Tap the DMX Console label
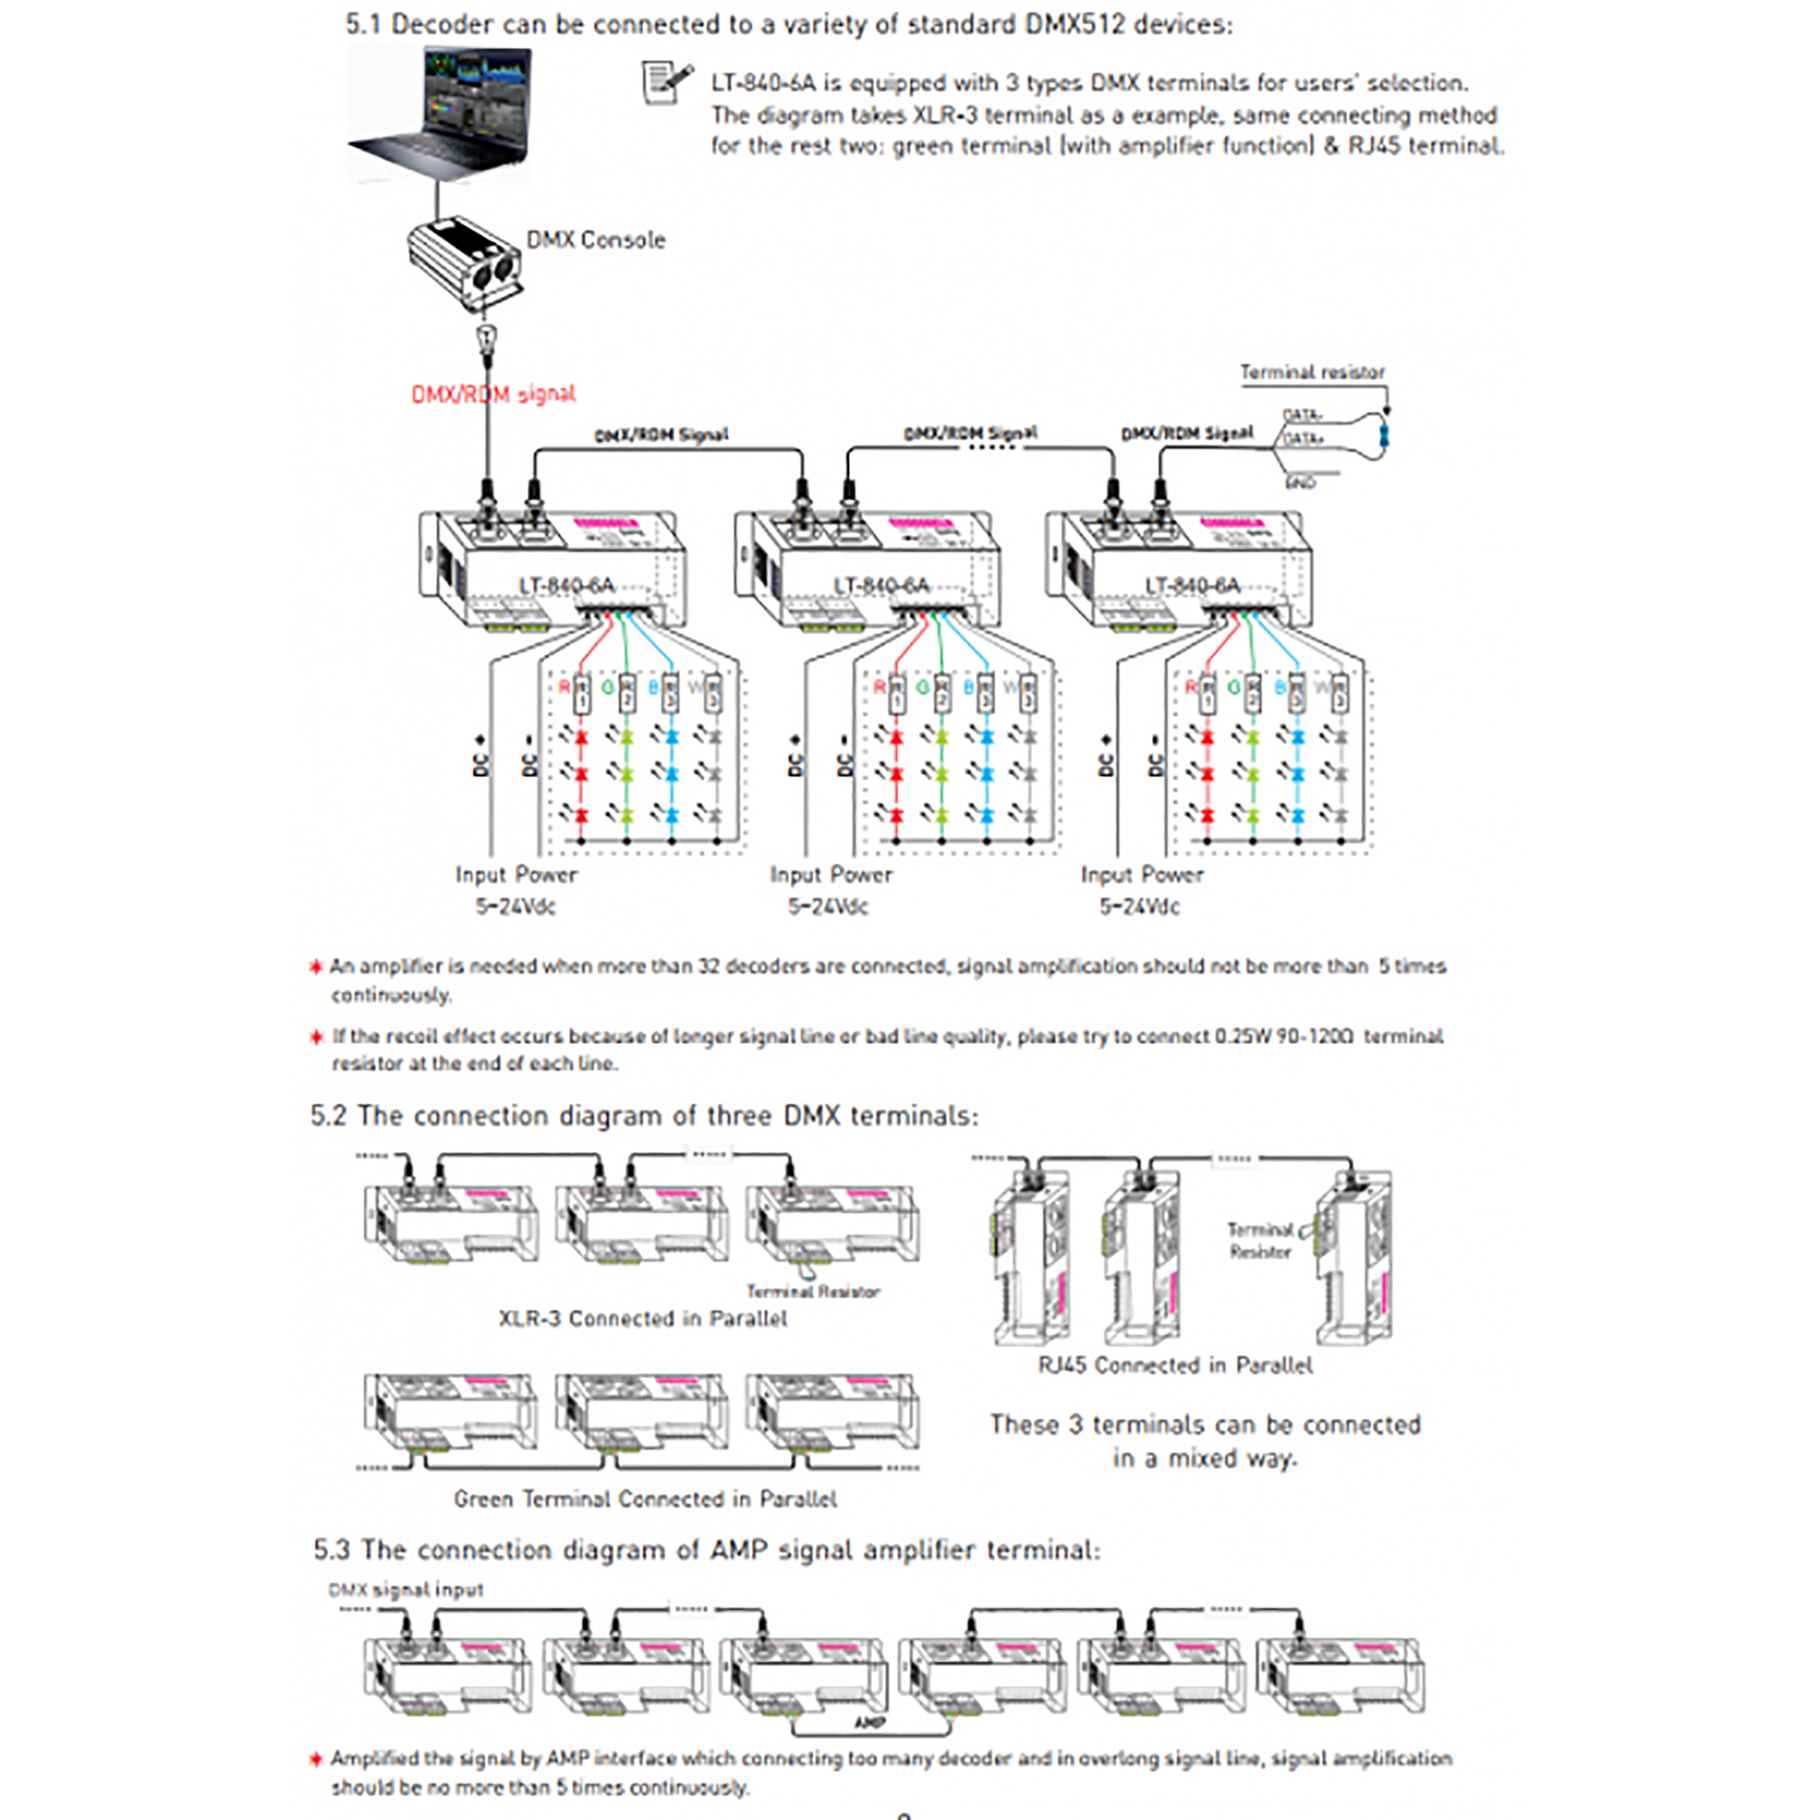click(x=595, y=240)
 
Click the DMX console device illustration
click(x=464, y=258)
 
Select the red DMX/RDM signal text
click(x=492, y=394)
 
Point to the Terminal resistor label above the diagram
click(x=1311, y=372)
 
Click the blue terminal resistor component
click(x=1384, y=435)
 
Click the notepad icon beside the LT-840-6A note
click(x=665, y=83)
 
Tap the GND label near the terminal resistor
click(x=1300, y=482)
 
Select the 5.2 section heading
click(x=644, y=1116)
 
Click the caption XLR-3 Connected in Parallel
click(x=642, y=1318)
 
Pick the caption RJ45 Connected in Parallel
click(x=1175, y=1365)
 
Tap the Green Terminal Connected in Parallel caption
click(x=645, y=1499)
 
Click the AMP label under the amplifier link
click(x=869, y=1722)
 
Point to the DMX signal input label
click(x=406, y=1590)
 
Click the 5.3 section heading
click(x=706, y=1550)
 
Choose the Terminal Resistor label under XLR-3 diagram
click(x=813, y=1291)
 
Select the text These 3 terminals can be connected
click(x=1205, y=1424)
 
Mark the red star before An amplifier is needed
click(x=317, y=967)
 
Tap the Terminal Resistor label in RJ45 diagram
click(x=1259, y=1240)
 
